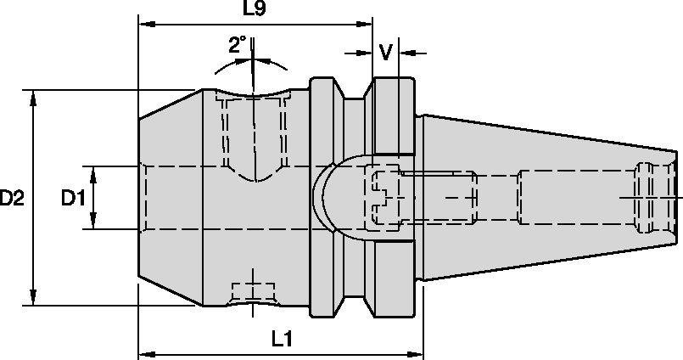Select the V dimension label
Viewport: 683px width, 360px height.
[x=386, y=53]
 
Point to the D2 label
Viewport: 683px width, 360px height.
[x=11, y=198]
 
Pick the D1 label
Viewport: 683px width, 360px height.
[x=74, y=198]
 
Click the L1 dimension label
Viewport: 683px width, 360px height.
[x=282, y=338]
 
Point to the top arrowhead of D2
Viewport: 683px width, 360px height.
[x=33, y=95]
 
